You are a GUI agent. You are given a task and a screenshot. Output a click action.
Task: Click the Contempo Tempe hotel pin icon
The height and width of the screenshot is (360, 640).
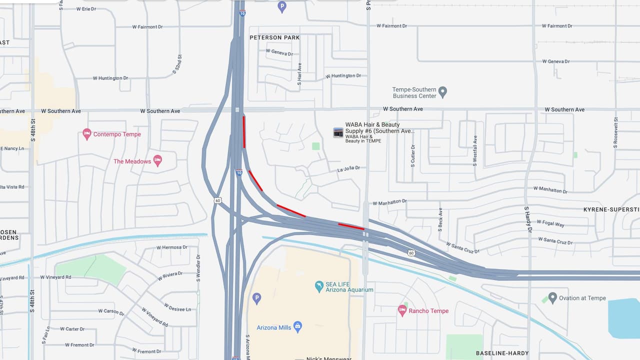pyautogui.click(x=87, y=134)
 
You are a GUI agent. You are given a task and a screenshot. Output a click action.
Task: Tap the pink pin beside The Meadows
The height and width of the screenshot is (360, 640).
pyautogui.click(x=157, y=161)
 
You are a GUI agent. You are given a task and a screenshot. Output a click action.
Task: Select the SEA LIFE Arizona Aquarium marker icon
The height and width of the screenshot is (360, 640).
pyautogui.click(x=319, y=286)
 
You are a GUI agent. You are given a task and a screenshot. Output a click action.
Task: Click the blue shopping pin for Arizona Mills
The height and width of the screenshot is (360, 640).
pyautogui.click(x=297, y=327)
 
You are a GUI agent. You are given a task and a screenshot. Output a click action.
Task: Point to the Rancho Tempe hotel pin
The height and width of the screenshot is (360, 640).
pyautogui.click(x=402, y=310)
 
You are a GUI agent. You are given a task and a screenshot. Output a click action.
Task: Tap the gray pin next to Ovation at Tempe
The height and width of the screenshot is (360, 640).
pyautogui.click(x=552, y=298)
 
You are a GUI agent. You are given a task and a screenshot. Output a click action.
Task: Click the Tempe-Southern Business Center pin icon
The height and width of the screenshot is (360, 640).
pyautogui.click(x=442, y=92)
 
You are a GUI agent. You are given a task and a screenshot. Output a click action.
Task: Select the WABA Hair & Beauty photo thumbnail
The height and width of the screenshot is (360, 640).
pyautogui.click(x=338, y=132)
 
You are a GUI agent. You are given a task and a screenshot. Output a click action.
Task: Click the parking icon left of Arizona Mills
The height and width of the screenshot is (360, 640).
pyautogui.click(x=256, y=298)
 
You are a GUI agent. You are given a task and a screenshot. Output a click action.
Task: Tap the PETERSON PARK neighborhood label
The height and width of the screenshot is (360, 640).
pyautogui.click(x=274, y=37)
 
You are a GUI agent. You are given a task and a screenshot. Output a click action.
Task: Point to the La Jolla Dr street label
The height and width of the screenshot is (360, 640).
pyautogui.click(x=348, y=169)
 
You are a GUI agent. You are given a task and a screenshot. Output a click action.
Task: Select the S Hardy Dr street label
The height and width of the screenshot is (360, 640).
pyautogui.click(x=527, y=219)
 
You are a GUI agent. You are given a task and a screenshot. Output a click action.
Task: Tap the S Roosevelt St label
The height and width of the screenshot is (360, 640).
pyautogui.click(x=616, y=132)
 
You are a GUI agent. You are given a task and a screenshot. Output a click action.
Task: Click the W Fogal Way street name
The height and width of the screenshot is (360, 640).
pyautogui.click(x=550, y=223)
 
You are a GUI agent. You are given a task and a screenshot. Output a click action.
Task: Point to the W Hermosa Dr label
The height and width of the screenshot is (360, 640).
pyautogui.click(x=171, y=247)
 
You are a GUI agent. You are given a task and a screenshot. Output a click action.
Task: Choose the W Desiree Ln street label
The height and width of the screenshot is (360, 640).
pyautogui.click(x=177, y=306)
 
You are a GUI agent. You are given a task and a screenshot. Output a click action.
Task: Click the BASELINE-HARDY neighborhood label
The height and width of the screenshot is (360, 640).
pyautogui.click(x=502, y=353)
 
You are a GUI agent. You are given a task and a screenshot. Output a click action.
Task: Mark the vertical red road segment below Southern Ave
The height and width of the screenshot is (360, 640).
pyautogui.click(x=244, y=132)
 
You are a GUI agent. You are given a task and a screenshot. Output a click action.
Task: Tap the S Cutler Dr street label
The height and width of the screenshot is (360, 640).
pyautogui.click(x=413, y=155)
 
